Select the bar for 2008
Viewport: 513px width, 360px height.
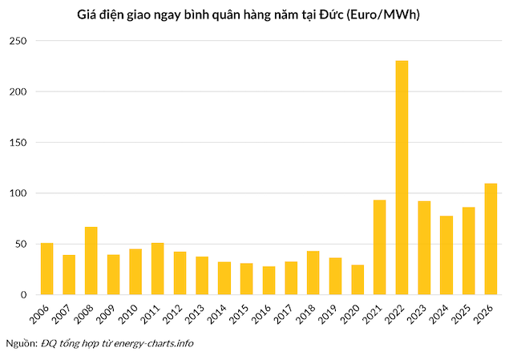tap(91, 261)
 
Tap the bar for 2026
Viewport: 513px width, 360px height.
tap(491, 239)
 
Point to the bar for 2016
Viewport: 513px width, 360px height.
tap(269, 281)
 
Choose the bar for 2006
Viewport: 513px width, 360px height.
tap(47, 269)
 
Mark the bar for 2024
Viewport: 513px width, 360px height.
tap(446, 255)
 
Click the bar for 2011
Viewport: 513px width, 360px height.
tap(158, 269)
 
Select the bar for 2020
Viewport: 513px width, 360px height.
tap(357, 280)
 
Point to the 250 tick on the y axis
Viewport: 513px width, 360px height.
tap(19, 41)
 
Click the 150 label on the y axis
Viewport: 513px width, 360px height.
tap(19, 143)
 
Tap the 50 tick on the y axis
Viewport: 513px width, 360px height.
tap(22, 244)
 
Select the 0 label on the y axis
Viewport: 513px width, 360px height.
tap(25, 294)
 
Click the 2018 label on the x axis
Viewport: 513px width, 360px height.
tap(313, 313)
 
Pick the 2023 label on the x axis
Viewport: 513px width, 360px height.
tap(423, 313)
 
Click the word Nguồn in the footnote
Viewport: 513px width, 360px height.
tap(21, 343)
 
